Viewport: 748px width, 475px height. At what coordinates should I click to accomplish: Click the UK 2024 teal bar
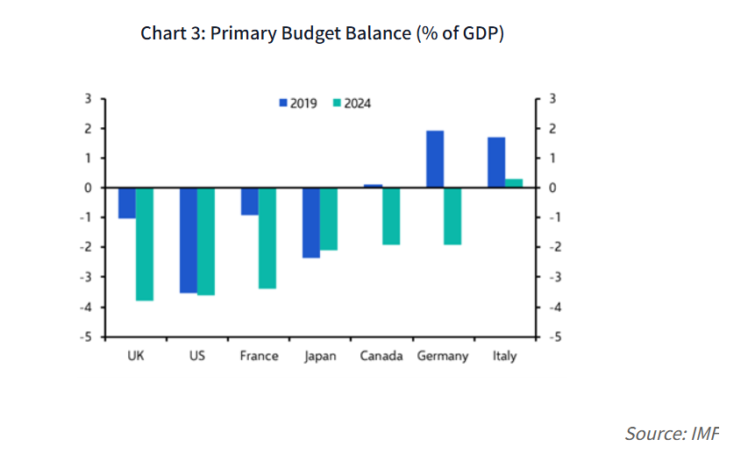(145, 244)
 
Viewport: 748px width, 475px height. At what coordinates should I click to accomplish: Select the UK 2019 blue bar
(127, 202)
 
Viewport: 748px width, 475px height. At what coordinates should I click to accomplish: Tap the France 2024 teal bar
(267, 237)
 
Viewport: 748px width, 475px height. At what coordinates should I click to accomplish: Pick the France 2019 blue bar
(250, 201)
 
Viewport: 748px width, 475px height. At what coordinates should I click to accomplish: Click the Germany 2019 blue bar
(434, 159)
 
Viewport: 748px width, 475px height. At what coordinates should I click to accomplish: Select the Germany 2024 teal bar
(452, 216)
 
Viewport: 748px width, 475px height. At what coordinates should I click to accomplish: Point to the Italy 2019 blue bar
(495, 162)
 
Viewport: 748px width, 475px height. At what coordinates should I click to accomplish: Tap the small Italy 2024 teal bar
(513, 182)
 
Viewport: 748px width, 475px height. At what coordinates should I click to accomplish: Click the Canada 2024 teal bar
(390, 216)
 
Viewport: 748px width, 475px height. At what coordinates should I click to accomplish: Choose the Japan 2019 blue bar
(311, 223)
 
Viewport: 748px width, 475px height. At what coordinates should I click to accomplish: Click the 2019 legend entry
(297, 103)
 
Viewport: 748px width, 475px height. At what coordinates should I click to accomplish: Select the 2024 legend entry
(352, 103)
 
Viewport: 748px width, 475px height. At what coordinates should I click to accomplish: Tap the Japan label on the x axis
(319, 356)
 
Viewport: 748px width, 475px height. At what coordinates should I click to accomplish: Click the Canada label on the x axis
(381, 356)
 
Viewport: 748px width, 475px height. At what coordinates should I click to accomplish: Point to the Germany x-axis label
(443, 356)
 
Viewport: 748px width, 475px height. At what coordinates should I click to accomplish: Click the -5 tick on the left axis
(88, 337)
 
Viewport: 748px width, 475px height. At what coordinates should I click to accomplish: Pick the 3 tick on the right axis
(551, 98)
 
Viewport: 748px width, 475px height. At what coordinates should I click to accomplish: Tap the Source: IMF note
(671, 433)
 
